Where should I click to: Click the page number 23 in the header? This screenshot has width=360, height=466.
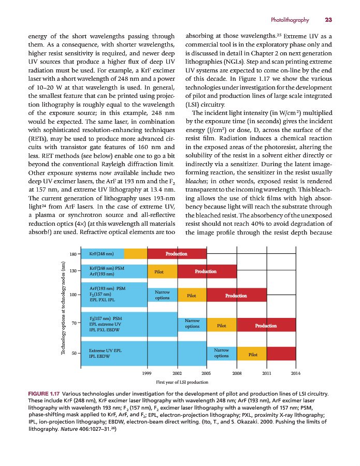coord(328,20)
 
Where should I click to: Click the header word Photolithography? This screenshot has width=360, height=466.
coord(290,20)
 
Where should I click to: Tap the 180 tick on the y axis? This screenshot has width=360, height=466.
coord(74,254)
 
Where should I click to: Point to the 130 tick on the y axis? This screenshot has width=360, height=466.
coord(74,271)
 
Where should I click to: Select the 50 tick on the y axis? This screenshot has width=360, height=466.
coord(74,353)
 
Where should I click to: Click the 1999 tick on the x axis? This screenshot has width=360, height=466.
coord(148,373)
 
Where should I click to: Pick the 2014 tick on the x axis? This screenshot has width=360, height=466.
coord(296,373)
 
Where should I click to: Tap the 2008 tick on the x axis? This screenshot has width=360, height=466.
coord(237,373)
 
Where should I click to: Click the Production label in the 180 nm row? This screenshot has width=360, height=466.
coord(176,254)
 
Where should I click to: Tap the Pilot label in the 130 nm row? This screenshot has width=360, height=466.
coord(159,271)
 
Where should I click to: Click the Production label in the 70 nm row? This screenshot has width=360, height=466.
coord(266,326)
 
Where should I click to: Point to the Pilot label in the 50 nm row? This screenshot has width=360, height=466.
coord(253,355)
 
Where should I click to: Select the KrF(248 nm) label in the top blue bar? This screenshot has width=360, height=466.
coord(102,254)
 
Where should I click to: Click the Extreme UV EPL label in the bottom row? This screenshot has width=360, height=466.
coord(105,351)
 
